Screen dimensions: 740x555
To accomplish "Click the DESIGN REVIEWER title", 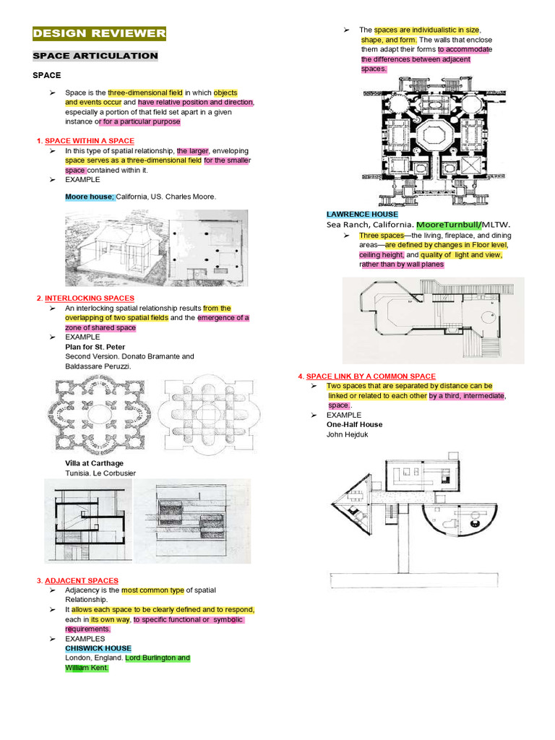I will pos(100,33).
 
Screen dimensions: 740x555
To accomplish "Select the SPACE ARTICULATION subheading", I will pos(95,56).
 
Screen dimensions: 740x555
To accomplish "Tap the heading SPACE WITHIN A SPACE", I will pos(90,140).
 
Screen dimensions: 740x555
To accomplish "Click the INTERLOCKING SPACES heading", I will pos(90,298).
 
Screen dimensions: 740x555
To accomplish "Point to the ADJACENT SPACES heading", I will pos(82,580).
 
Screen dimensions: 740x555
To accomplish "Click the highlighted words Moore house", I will pos(90,196).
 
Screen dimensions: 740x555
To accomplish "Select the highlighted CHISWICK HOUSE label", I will pos(98,648).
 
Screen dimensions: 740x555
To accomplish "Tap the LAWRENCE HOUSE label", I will pos(362,215).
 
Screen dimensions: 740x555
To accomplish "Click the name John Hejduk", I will pos(348,434).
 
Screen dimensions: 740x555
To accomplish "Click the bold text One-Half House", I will pos(355,424).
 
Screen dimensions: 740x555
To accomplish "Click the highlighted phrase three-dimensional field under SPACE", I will pos(145,92).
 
